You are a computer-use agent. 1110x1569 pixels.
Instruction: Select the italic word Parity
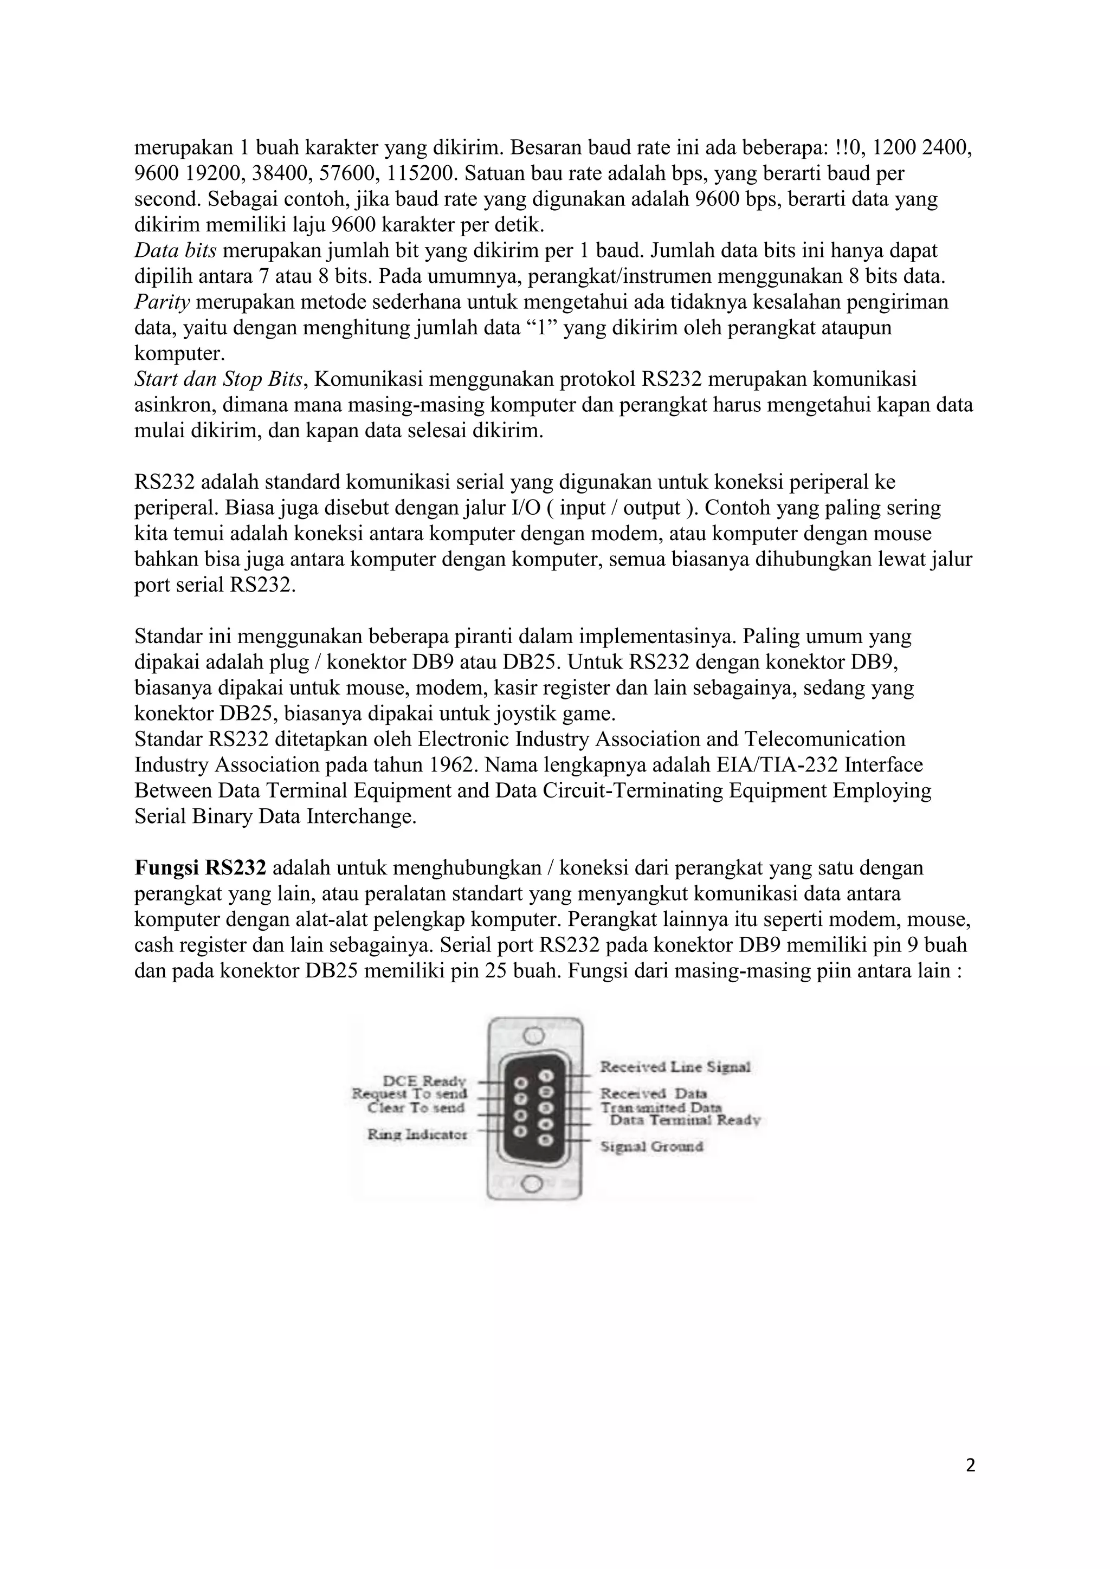[x=162, y=302]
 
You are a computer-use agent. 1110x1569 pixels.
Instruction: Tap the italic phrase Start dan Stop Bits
[x=218, y=379]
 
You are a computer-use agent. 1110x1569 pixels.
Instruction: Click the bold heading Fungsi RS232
[x=199, y=868]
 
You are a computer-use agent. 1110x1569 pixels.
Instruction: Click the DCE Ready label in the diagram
[x=424, y=1081]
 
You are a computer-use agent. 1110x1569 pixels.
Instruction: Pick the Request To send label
[x=409, y=1094]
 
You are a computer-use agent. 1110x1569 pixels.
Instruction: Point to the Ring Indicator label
[x=417, y=1134]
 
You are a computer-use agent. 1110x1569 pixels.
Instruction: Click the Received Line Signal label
[x=675, y=1067]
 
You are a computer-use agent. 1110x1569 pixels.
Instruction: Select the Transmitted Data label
[x=661, y=1107]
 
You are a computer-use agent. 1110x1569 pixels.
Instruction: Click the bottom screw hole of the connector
[x=534, y=1183]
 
